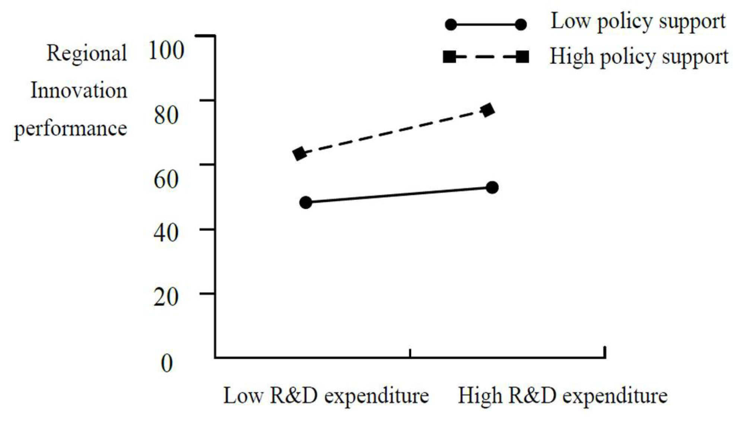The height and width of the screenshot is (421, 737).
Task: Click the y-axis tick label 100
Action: click(166, 50)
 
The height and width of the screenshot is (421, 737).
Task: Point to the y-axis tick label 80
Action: click(166, 114)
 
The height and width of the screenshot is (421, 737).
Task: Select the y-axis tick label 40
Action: click(166, 233)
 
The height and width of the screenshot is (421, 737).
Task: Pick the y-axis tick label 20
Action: click(166, 297)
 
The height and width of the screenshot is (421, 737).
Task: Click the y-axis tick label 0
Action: click(167, 363)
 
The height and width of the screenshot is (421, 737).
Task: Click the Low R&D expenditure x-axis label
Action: click(326, 396)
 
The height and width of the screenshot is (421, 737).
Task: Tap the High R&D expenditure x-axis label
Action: click(562, 396)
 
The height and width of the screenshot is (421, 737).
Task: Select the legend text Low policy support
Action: click(638, 22)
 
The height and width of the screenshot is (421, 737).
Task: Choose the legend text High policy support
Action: click(639, 57)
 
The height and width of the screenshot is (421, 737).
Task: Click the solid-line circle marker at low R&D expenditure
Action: click(306, 202)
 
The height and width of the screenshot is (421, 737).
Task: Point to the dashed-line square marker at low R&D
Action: click(299, 153)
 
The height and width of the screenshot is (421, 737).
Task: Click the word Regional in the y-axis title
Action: click(86, 53)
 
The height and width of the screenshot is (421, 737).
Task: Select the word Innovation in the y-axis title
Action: click(79, 91)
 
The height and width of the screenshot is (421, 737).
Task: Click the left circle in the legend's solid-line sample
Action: click(451, 25)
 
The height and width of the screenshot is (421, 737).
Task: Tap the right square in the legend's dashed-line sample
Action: click(522, 57)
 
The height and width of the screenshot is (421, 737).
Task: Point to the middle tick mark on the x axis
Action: click(410, 353)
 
